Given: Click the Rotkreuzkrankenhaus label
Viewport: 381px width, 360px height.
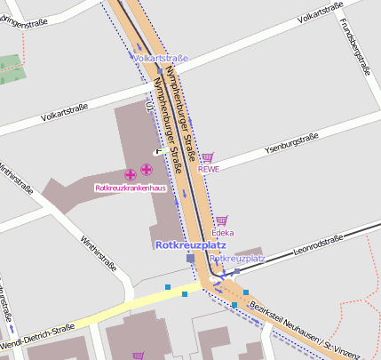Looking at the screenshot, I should click(130, 188).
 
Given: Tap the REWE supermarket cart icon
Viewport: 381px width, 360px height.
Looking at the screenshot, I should click(208, 156).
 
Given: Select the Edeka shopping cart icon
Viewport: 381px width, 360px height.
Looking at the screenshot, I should click(221, 220).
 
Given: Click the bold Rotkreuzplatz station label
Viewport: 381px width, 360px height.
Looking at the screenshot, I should click(190, 244).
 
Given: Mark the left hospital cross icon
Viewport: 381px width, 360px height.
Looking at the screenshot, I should click(130, 173).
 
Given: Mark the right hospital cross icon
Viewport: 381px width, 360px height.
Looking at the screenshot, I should click(146, 169).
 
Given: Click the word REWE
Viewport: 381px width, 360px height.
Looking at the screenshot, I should click(208, 168).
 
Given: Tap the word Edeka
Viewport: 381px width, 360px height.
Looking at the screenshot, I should click(222, 232).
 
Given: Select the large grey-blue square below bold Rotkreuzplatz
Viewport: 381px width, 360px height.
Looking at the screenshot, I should click(190, 258).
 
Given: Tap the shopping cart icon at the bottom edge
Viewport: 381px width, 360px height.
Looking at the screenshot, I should click(138, 356).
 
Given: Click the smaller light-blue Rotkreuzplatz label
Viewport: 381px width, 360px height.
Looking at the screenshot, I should click(237, 258).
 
